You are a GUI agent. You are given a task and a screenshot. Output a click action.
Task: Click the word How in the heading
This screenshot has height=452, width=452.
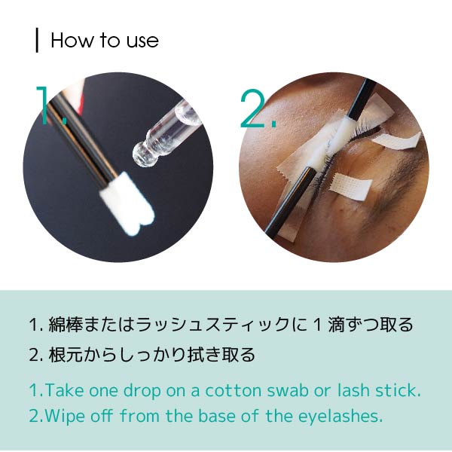click(x=72, y=40)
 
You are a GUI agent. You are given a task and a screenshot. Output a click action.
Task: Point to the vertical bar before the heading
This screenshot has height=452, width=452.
click(x=37, y=40)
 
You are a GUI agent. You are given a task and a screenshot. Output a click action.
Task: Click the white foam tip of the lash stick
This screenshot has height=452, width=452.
click(x=128, y=203)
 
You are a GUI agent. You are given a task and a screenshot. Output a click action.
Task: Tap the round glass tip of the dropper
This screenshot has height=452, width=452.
click(x=143, y=154)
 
